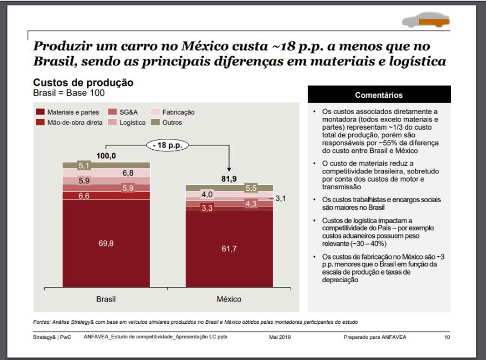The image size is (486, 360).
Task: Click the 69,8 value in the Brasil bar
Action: click(x=106, y=244)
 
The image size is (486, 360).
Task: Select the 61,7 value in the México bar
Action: click(x=229, y=249)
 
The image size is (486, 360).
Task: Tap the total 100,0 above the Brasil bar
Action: click(x=106, y=156)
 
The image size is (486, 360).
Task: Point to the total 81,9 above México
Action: click(x=229, y=178)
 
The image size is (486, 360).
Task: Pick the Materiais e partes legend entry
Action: click(x=67, y=112)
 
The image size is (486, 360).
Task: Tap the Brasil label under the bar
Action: click(x=106, y=299)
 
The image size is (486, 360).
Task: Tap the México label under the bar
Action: click(x=229, y=299)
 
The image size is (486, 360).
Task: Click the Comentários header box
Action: click(x=379, y=95)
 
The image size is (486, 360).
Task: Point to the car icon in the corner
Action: click(x=426, y=21)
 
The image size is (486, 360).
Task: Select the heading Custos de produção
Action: click(x=83, y=83)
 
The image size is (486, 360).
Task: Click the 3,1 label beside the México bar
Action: click(x=280, y=199)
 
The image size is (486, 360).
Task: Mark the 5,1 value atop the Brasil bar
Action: click(x=84, y=165)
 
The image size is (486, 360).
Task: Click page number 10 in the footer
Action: click(x=447, y=337)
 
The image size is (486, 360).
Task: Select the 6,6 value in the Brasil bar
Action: click(x=84, y=196)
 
